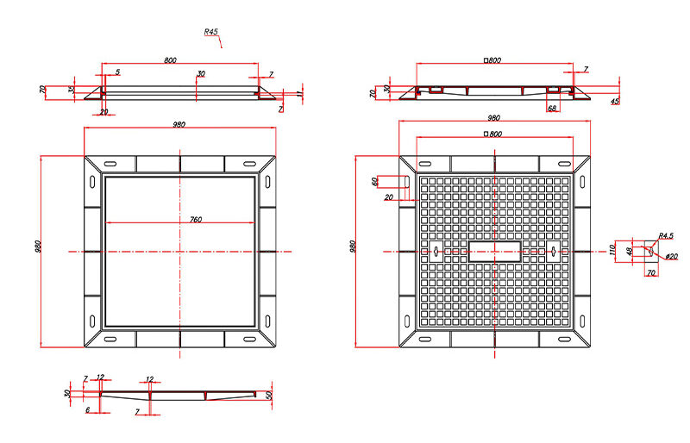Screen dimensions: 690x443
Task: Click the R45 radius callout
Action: (x=210, y=32)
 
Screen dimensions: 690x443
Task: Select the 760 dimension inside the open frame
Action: (x=196, y=219)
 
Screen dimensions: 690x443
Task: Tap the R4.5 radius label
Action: (x=666, y=236)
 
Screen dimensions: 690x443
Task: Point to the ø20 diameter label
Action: (x=672, y=257)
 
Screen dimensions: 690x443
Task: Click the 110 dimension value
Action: (x=612, y=250)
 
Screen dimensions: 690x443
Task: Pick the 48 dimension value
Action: (x=630, y=251)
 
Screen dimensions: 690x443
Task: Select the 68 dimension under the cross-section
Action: (x=552, y=108)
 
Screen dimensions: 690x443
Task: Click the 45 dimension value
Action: (x=615, y=101)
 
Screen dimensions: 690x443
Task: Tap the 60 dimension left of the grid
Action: (x=374, y=181)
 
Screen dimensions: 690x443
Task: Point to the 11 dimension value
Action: (x=299, y=94)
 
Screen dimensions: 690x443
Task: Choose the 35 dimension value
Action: (x=72, y=90)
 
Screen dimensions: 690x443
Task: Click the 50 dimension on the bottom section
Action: (x=269, y=395)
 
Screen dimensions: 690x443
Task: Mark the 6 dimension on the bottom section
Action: (x=88, y=410)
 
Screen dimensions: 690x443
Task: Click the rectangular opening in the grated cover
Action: (x=494, y=251)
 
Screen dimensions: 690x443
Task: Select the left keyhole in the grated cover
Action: (x=436, y=251)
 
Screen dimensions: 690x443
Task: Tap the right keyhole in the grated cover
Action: (x=554, y=251)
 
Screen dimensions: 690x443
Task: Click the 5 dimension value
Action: (x=117, y=72)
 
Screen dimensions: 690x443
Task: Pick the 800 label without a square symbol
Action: (x=170, y=60)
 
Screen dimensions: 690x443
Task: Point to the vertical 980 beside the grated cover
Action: (x=352, y=246)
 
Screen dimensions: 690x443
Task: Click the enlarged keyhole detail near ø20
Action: (x=651, y=251)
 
